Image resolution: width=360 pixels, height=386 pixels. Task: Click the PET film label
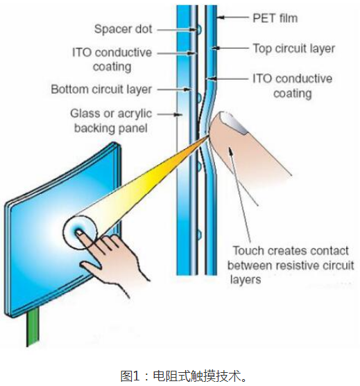point(275,18)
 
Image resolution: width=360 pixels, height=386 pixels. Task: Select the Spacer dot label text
point(123,29)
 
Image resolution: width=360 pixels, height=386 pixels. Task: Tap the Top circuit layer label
point(294,49)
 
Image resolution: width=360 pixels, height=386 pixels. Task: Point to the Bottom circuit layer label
point(101,89)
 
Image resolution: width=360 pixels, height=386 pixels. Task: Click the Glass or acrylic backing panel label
point(111,121)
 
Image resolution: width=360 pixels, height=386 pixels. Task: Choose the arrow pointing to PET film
point(232,17)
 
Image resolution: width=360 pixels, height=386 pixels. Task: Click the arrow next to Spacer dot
point(177,30)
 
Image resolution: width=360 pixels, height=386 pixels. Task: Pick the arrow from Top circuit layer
point(230,49)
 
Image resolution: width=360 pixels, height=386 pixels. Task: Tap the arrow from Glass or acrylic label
point(169,114)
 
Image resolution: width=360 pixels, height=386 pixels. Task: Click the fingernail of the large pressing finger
point(233,123)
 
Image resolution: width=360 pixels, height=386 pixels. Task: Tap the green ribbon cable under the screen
point(33,327)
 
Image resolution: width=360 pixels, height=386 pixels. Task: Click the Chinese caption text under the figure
point(184,376)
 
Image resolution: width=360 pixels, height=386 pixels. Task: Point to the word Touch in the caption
point(249,251)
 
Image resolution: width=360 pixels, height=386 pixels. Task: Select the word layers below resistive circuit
point(246,280)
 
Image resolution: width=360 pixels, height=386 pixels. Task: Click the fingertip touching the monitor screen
point(79,232)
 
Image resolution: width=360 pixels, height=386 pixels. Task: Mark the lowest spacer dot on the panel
point(199,235)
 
